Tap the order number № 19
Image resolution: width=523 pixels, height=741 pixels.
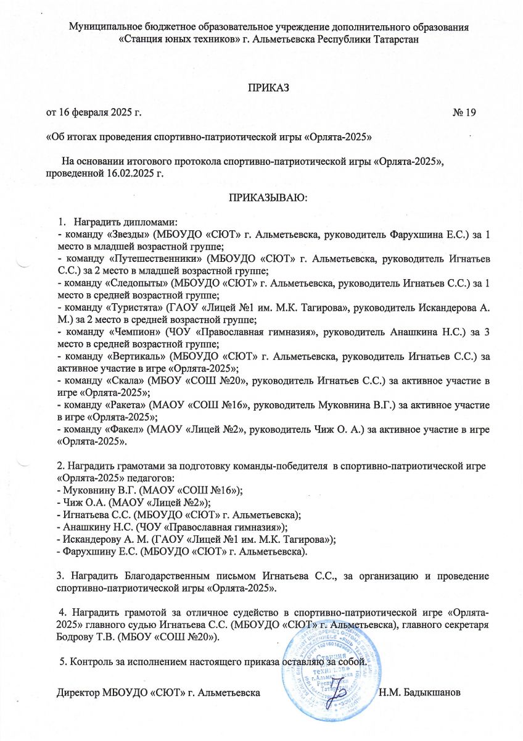pyautogui.click(x=464, y=112)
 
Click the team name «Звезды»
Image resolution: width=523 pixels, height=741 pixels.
pyautogui.click(x=127, y=235)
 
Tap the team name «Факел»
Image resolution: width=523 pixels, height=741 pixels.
pyautogui.click(x=124, y=433)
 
